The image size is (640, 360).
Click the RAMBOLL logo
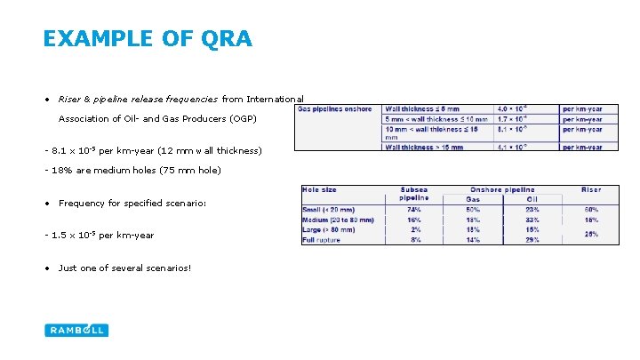pyautogui.click(x=76, y=330)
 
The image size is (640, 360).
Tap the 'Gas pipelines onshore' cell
pyautogui.click(x=334, y=109)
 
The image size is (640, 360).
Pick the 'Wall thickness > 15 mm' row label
pyautogui.click(x=426, y=148)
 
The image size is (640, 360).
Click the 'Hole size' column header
pyautogui.click(x=319, y=189)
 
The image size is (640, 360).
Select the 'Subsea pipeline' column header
pyautogui.click(x=413, y=194)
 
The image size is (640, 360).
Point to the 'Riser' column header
pyautogui.click(x=591, y=189)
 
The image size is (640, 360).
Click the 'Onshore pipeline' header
pyautogui.click(x=502, y=189)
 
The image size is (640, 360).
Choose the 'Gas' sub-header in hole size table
pyautogui.click(x=472, y=199)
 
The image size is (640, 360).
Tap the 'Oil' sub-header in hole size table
pyautogui.click(x=533, y=199)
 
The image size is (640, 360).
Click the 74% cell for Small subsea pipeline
pyautogui.click(x=413, y=210)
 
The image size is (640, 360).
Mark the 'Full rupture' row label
pyautogui.click(x=323, y=240)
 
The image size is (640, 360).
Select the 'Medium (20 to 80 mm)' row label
pyautogui.click(x=338, y=220)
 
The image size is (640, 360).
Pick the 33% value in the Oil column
pyautogui.click(x=533, y=220)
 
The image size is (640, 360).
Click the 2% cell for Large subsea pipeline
pyautogui.click(x=413, y=229)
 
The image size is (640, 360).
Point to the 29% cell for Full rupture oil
pyautogui.click(x=533, y=240)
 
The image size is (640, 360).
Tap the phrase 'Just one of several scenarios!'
pyautogui.click(x=124, y=268)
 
